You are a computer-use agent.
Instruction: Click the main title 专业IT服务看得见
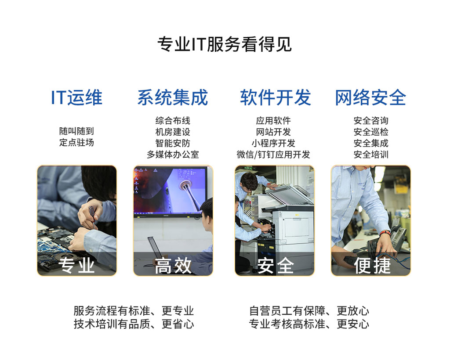click(225, 44)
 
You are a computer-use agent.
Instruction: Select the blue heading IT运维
click(76, 97)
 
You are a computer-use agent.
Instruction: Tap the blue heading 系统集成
click(173, 97)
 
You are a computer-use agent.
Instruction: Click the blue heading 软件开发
click(275, 97)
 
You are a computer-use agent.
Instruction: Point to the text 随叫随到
click(76, 131)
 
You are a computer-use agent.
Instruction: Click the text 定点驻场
click(76, 143)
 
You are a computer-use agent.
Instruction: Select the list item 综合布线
click(173, 120)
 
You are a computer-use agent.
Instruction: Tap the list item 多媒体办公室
click(173, 155)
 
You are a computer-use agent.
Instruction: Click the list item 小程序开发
click(273, 143)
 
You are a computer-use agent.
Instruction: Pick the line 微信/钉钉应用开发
click(273, 155)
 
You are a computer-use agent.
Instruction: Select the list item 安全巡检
click(371, 132)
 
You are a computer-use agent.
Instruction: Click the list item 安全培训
click(371, 155)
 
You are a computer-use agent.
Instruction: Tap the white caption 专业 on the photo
click(77, 265)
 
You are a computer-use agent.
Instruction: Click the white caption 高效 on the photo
click(173, 265)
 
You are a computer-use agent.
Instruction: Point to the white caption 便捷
click(372, 265)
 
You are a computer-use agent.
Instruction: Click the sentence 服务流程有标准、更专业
click(134, 311)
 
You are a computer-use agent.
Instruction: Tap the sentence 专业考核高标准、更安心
click(309, 324)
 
